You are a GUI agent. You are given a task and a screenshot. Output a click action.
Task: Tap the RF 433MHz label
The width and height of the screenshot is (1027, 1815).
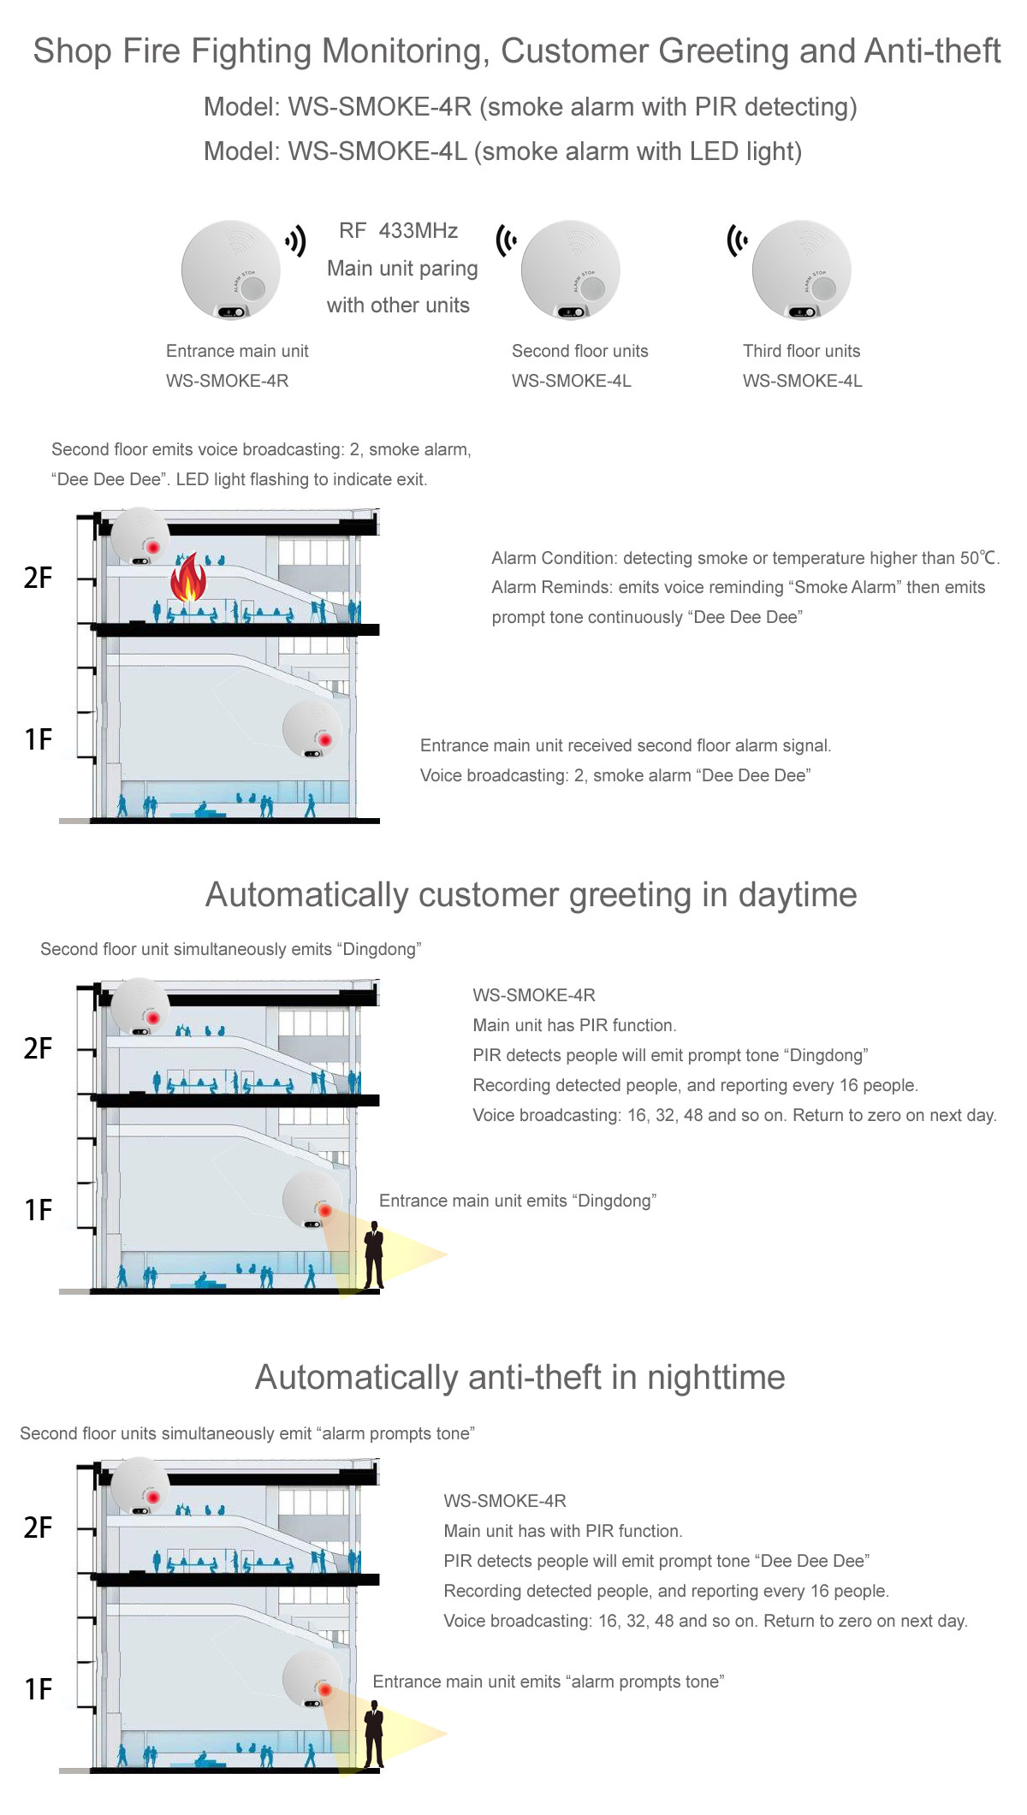coord(398,231)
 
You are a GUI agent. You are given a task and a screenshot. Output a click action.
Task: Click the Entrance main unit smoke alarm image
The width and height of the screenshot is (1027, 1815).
coord(230,270)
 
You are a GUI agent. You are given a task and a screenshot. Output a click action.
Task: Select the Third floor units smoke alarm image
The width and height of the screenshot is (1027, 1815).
coord(801,270)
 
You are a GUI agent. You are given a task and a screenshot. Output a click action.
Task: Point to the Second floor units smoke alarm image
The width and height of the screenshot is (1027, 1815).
coord(570,270)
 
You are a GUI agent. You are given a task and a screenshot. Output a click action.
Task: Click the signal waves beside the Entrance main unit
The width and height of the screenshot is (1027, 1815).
coord(296,241)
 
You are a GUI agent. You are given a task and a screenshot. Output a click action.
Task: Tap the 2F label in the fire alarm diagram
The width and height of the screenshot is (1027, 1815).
coord(39,578)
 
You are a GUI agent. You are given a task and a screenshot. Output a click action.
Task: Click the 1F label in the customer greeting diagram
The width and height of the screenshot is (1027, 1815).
coord(39,1210)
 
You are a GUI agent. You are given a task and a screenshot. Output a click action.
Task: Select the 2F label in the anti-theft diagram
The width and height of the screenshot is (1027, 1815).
coord(39,1527)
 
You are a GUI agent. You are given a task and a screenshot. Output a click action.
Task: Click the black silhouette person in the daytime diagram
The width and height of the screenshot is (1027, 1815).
coord(374,1255)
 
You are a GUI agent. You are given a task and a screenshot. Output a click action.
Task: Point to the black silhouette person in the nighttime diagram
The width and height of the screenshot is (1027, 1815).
coord(374,1735)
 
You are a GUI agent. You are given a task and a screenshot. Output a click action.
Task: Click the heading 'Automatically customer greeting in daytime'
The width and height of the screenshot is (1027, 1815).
coord(531,895)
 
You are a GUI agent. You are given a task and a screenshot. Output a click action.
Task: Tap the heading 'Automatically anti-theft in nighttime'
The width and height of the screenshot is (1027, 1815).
coord(519,1378)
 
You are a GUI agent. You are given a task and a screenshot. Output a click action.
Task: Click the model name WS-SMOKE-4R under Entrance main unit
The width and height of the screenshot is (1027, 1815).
coord(227,381)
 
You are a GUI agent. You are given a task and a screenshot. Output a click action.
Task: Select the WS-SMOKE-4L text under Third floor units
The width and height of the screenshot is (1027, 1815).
coord(802,381)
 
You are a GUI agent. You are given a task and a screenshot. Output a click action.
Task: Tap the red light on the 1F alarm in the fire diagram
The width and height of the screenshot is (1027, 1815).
coord(325,739)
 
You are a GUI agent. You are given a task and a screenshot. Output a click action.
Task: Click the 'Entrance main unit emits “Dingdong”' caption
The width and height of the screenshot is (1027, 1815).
coord(517,1201)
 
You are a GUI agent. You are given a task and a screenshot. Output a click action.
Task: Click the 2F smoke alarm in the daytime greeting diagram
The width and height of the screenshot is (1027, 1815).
coord(140,1006)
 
